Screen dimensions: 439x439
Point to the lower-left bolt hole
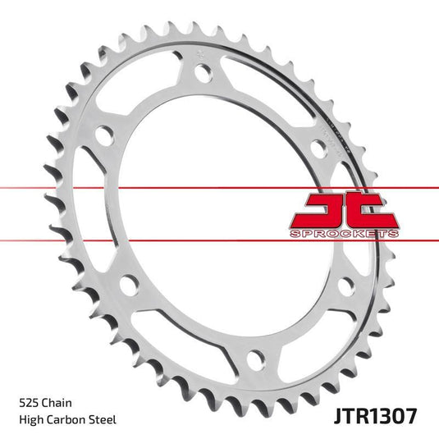(126, 286)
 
